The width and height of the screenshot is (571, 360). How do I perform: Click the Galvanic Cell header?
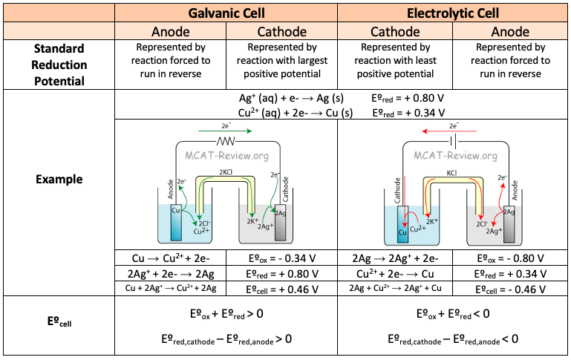[225, 13]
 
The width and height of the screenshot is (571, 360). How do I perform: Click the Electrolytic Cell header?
[452, 13]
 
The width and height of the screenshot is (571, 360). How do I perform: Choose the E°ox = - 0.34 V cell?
[281, 258]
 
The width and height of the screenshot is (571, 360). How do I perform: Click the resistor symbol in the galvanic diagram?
[226, 141]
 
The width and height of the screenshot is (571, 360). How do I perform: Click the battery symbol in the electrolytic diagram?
[452, 141]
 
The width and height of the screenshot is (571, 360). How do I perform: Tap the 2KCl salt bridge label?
[226, 171]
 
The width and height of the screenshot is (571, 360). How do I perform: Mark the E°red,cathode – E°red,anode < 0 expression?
[452, 339]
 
